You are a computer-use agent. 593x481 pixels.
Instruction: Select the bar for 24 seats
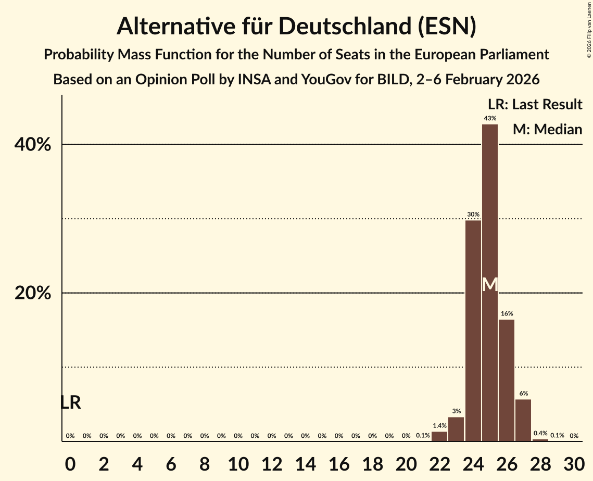coord(473,331)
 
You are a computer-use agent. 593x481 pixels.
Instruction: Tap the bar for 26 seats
coord(507,380)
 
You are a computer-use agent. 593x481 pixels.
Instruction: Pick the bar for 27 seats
coord(523,420)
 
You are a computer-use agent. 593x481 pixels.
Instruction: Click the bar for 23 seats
coord(456,429)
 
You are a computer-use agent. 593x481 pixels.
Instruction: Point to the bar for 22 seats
coord(439,436)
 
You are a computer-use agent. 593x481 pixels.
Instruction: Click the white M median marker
coord(490,284)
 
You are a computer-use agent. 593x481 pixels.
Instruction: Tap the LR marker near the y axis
coord(70,402)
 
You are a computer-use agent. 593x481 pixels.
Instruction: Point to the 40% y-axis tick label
coord(33,145)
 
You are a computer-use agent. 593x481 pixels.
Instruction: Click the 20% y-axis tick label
coord(33,293)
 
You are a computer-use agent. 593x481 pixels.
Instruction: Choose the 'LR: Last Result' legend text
coord(535,105)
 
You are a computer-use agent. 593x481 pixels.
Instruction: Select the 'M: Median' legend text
coord(547,129)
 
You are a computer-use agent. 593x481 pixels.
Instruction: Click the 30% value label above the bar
coord(473,214)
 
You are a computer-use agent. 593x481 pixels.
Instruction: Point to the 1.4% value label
coord(439,426)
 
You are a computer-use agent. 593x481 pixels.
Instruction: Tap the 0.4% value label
coord(540,433)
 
